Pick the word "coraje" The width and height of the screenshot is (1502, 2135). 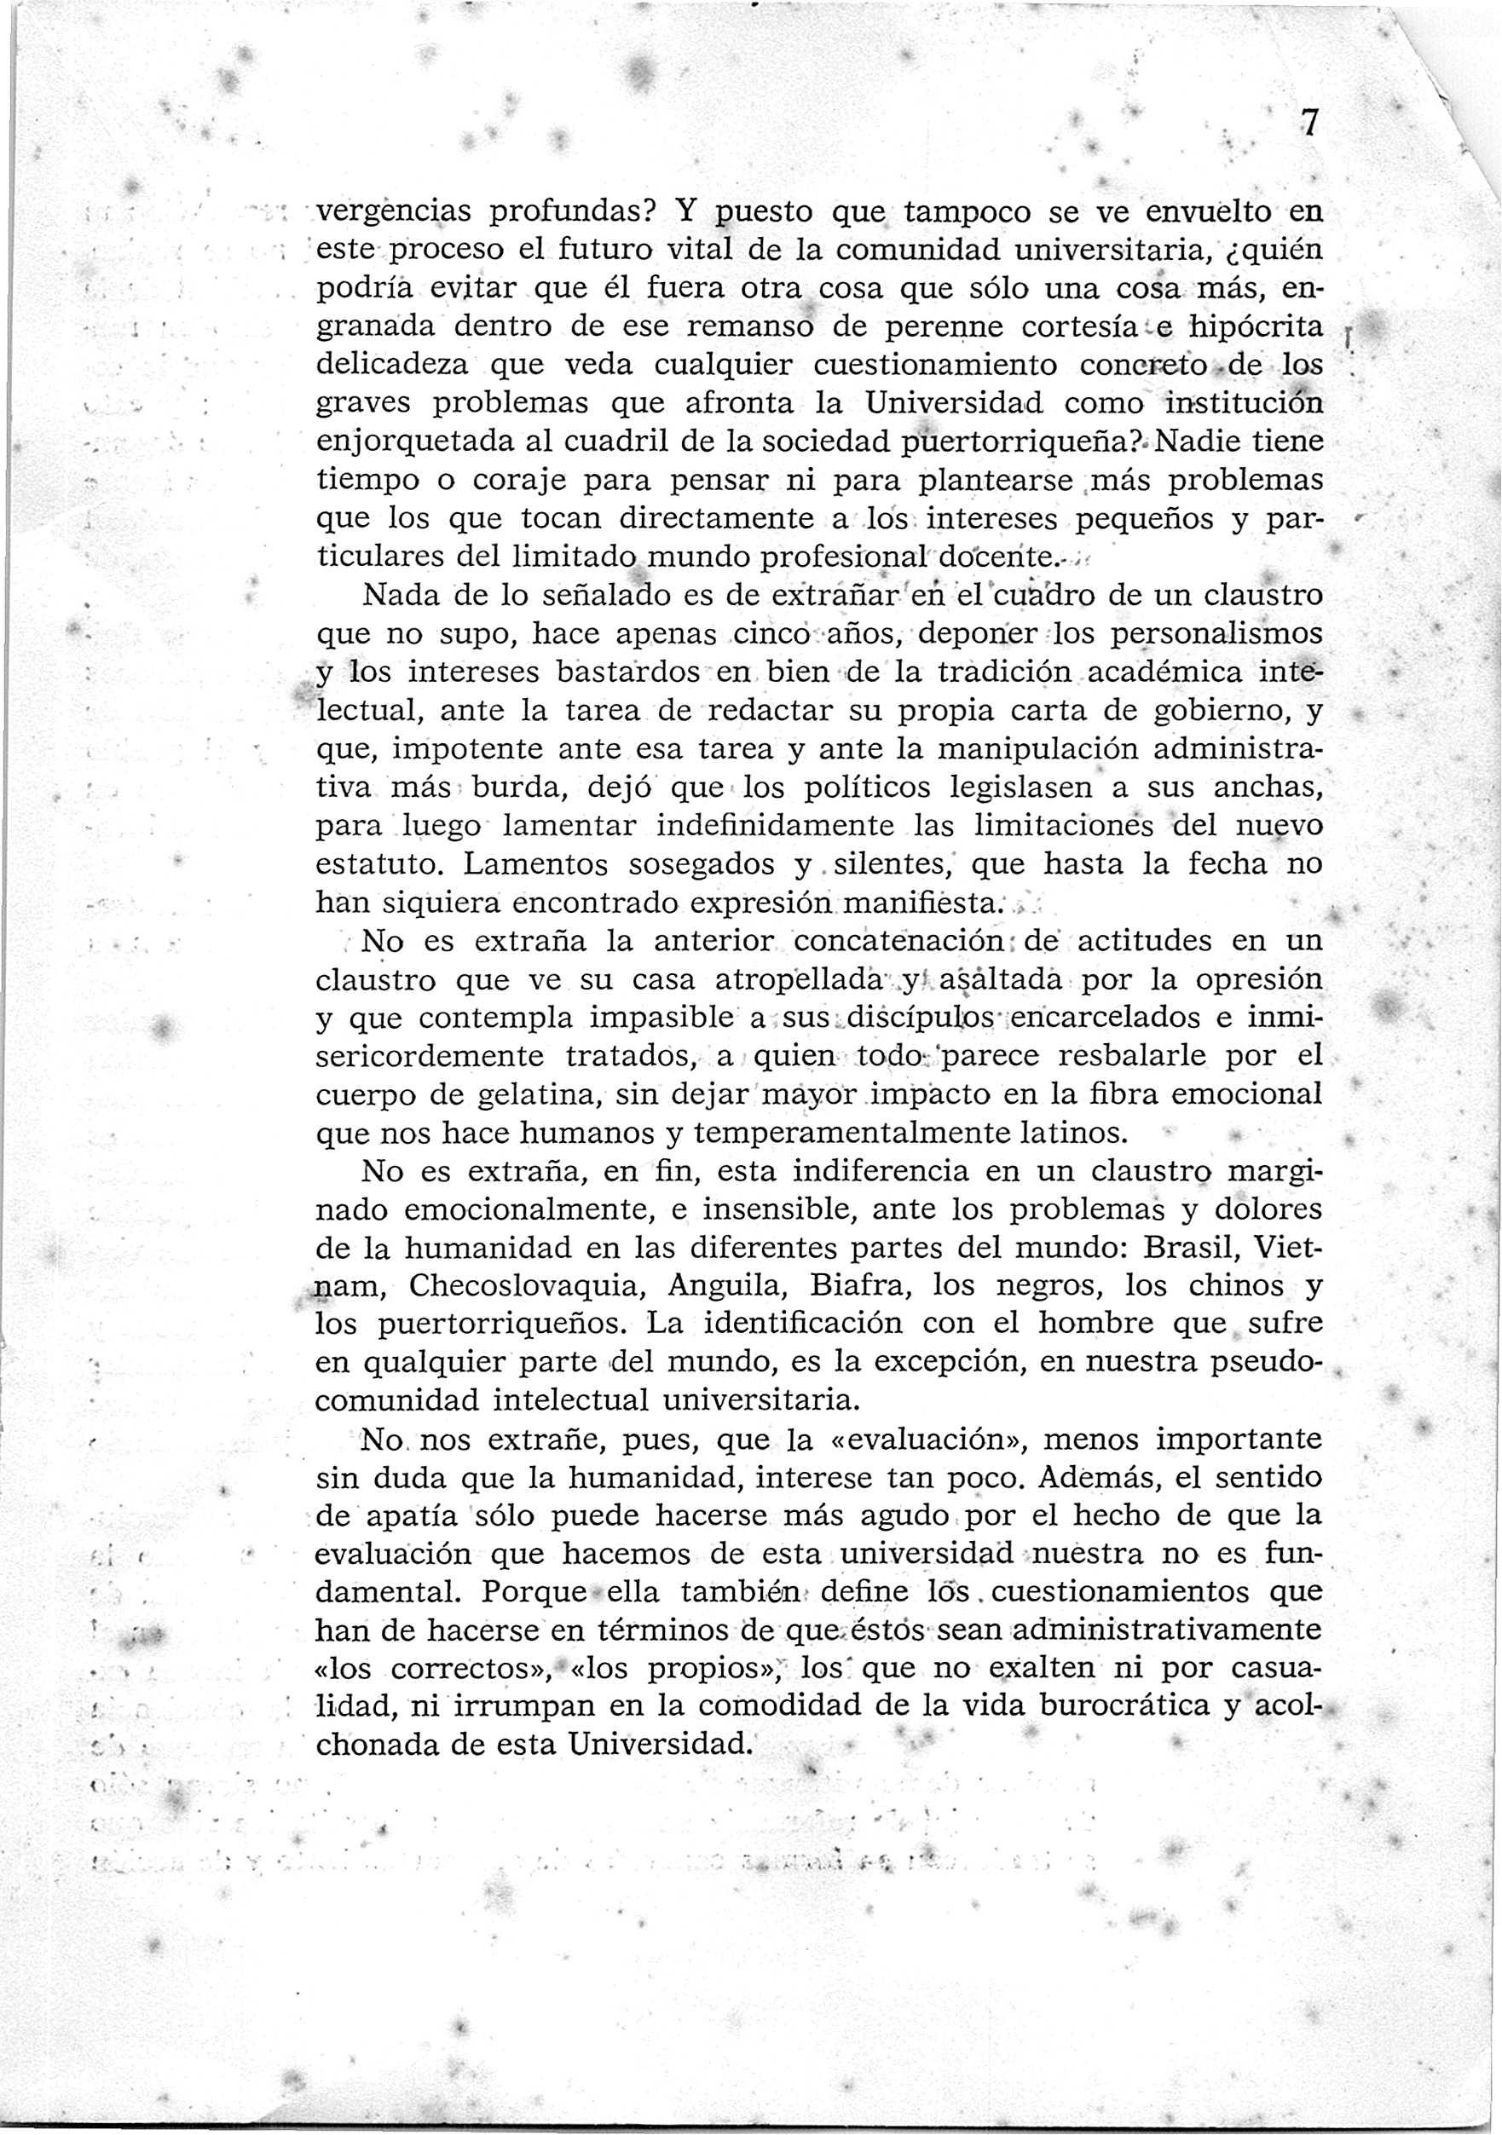(484, 481)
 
